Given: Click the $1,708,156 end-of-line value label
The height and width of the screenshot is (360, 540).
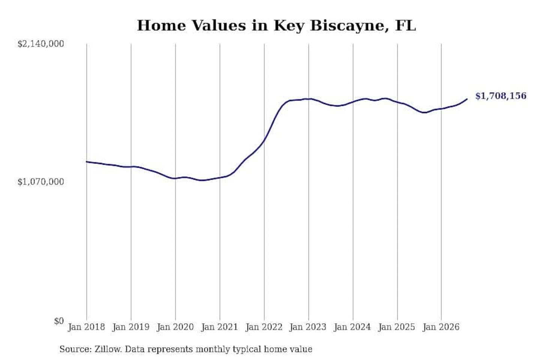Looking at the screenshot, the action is point(501,96).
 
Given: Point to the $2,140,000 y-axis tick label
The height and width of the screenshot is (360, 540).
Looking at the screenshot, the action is point(41,44).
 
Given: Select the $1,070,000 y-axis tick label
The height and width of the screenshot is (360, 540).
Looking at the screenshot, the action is point(41,181).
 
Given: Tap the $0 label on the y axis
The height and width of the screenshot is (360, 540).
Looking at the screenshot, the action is point(59,321).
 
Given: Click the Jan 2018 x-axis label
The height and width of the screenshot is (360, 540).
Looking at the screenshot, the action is point(86,327).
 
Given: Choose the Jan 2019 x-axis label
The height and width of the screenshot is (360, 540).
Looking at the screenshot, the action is point(131,327).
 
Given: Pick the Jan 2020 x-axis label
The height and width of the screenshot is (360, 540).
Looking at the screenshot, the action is point(175,327).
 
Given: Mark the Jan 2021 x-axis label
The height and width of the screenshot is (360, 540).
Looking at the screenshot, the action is point(220,327).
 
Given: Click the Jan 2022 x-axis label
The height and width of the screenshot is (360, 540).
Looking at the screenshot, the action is point(264,327).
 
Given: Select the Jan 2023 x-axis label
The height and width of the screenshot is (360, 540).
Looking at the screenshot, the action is point(308,327).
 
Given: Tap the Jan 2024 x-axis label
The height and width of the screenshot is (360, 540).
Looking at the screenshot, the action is point(352,327).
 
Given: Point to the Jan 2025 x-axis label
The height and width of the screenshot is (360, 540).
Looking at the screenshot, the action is point(397,327).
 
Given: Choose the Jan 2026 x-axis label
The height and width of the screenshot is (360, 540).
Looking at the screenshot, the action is point(441,327).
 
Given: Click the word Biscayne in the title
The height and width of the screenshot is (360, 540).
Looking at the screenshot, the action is point(349,26).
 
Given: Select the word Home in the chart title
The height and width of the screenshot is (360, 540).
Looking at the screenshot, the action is point(162,25).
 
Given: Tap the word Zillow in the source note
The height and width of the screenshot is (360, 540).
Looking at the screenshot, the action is point(108,349).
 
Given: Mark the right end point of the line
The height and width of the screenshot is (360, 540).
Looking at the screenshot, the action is point(467,99).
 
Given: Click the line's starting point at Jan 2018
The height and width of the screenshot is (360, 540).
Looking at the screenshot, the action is point(87,162).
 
